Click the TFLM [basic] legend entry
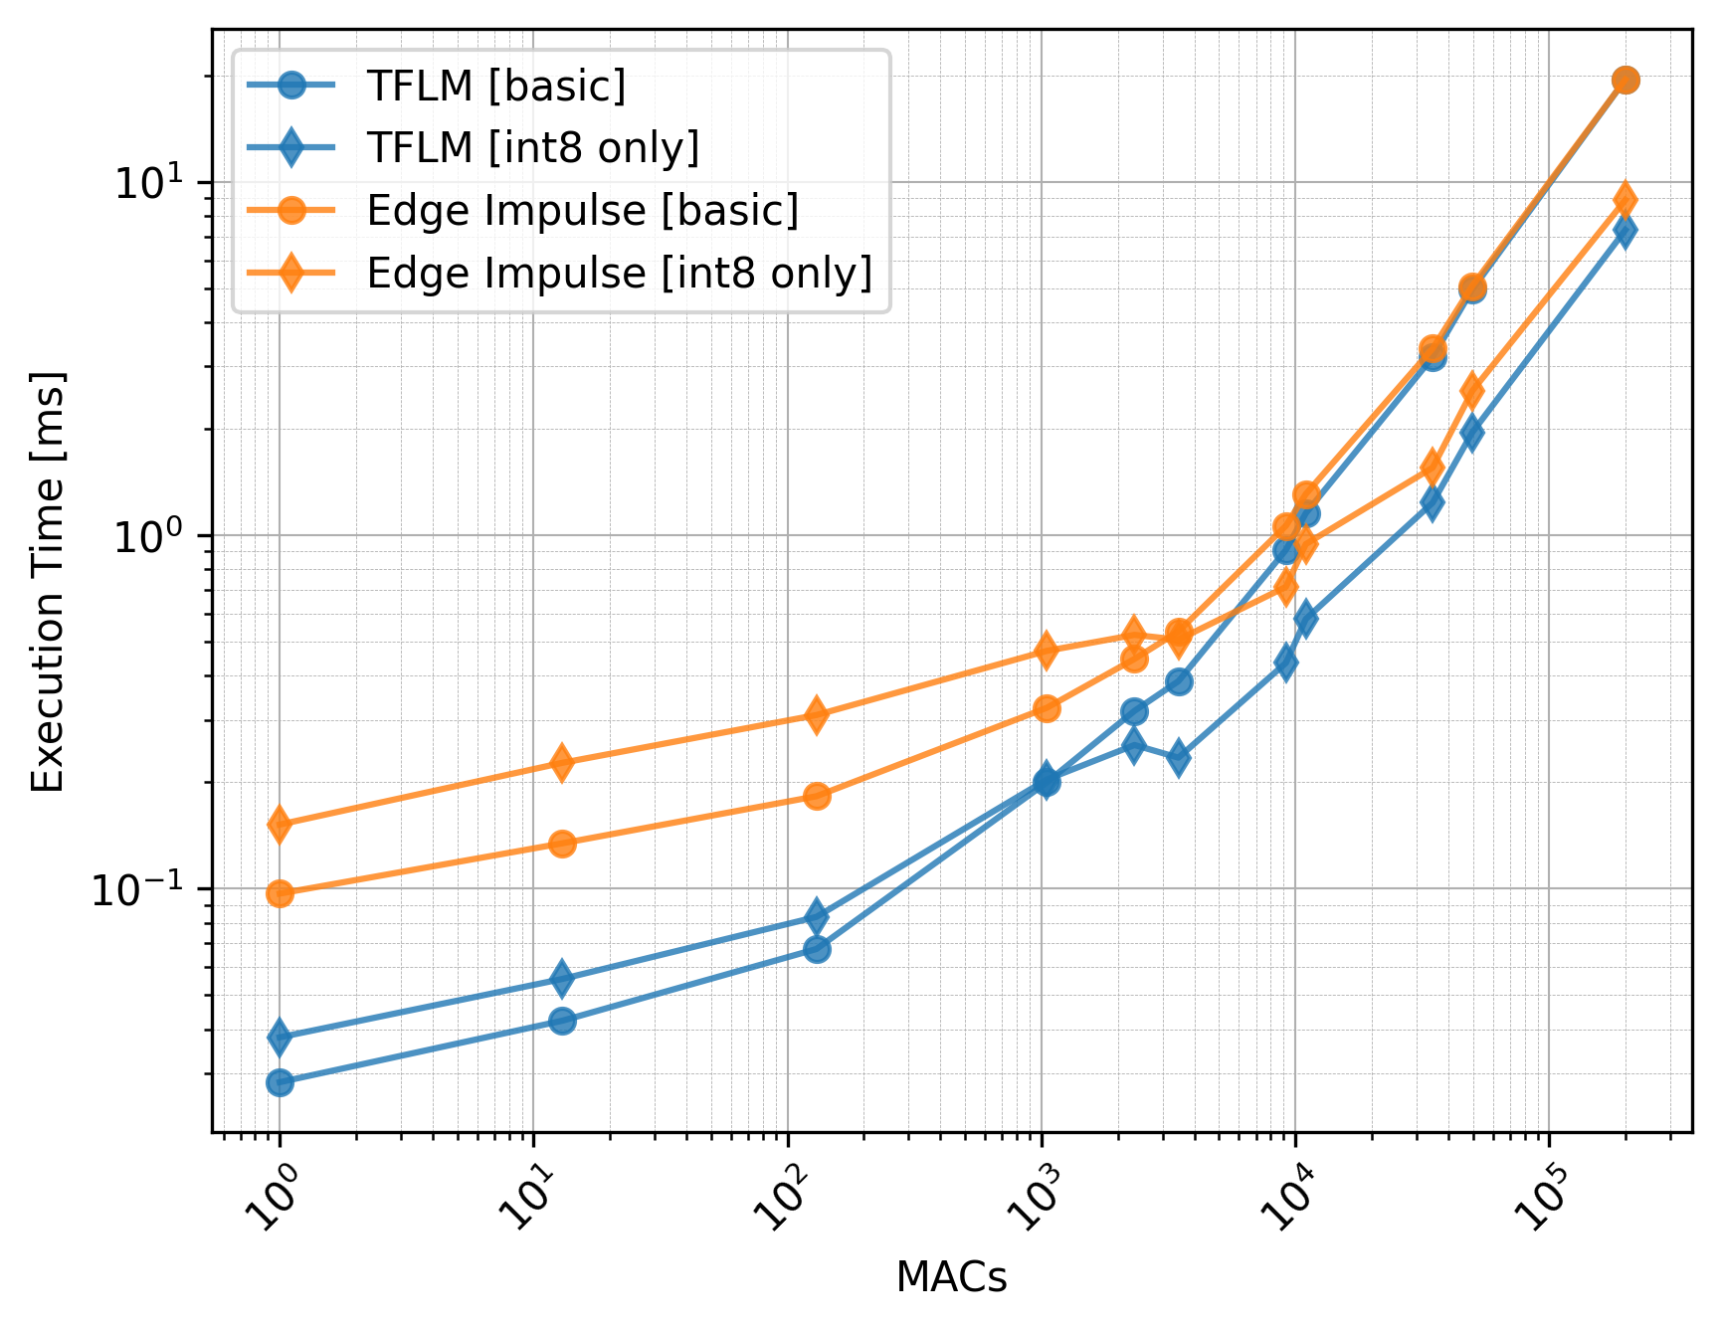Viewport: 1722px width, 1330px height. [495, 87]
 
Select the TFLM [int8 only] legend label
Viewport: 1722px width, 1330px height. [532, 148]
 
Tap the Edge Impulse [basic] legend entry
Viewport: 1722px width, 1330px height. [582, 211]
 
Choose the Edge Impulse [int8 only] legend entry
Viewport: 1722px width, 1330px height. [619, 274]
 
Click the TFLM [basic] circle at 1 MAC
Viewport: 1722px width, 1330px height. [280, 1082]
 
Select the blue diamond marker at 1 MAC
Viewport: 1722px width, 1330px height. [280, 1038]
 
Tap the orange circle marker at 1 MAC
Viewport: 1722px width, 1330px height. [280, 893]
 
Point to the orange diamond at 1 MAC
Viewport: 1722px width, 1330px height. [280, 824]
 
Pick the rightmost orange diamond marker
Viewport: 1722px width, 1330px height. [1625, 199]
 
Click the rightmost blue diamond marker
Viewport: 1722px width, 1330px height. [1625, 231]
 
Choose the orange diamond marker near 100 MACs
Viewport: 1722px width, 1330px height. [816, 714]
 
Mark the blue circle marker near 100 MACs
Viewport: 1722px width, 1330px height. [817, 949]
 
